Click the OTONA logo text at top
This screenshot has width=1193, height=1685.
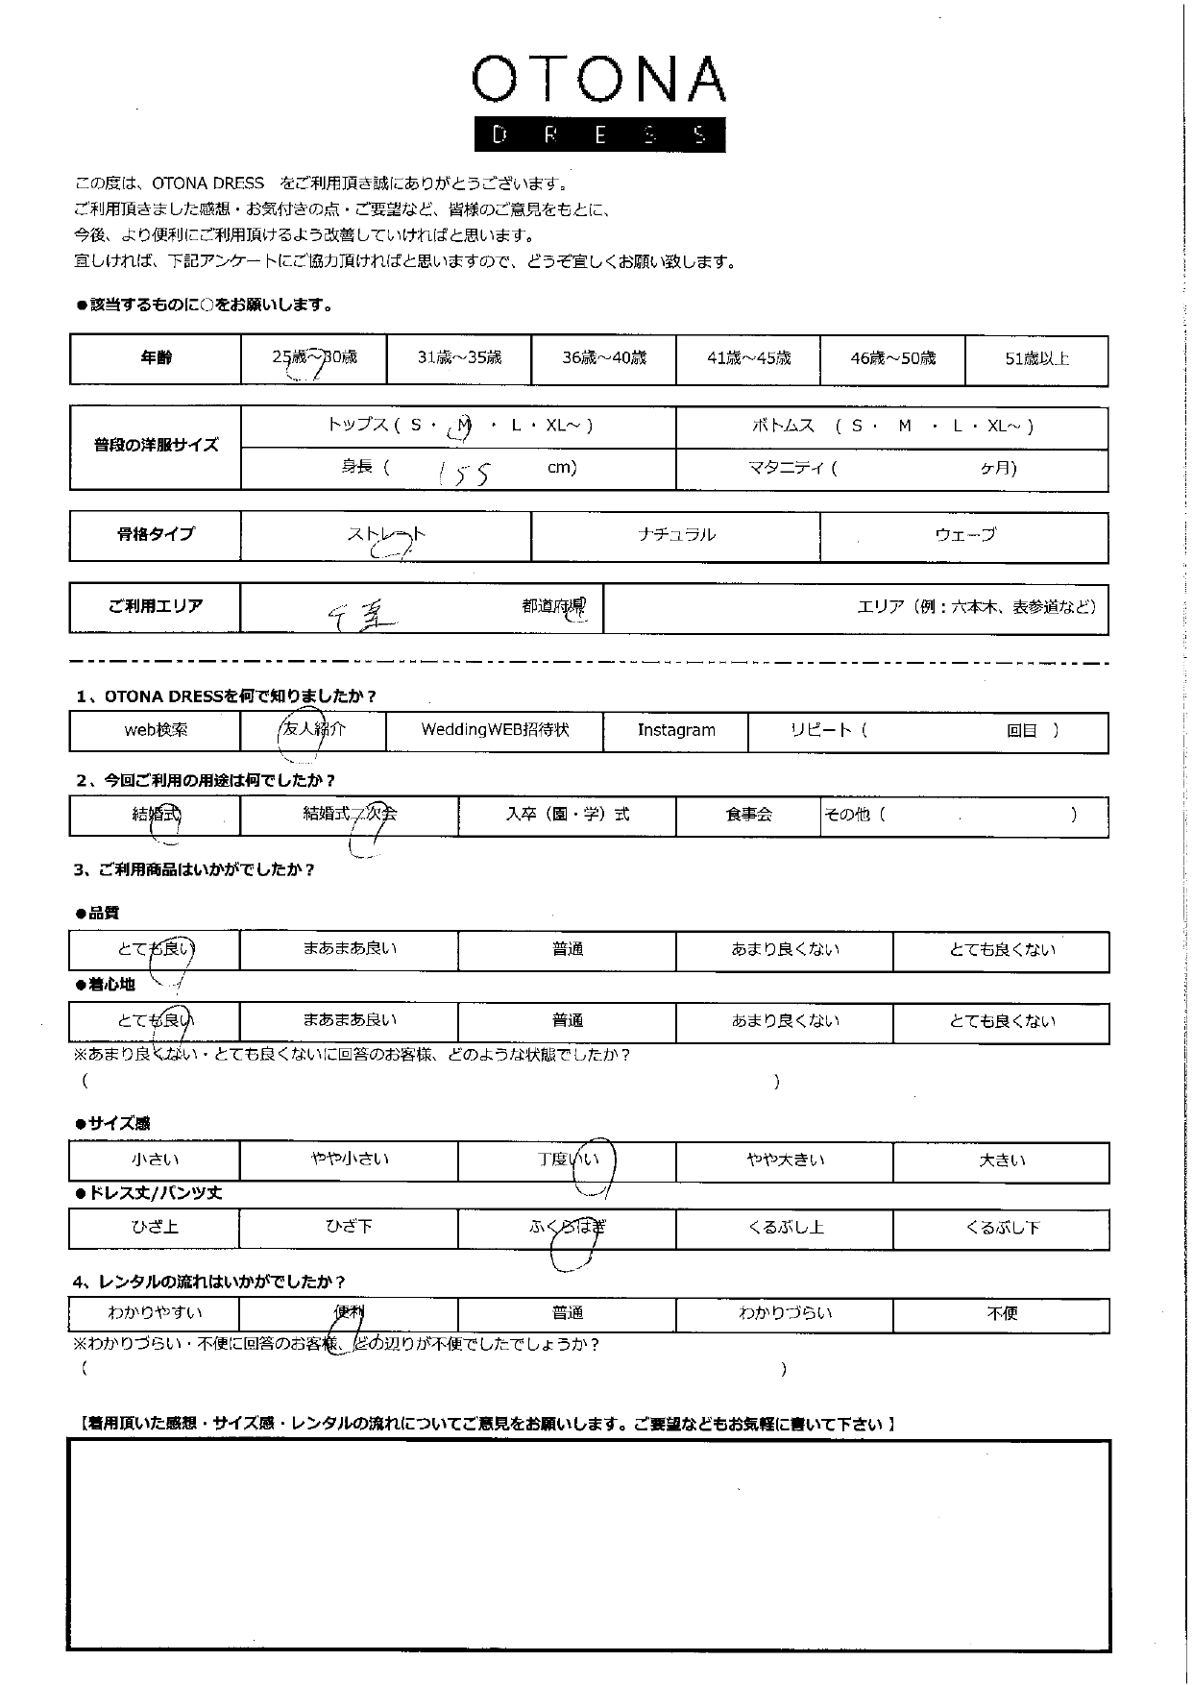(597, 81)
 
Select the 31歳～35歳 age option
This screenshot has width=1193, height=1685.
(459, 358)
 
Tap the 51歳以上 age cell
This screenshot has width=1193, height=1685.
(1036, 359)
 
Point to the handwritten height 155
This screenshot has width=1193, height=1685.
(464, 473)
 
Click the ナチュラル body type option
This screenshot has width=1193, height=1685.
(676, 535)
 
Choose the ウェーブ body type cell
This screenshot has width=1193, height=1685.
(964, 535)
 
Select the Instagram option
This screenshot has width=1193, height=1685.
(676, 730)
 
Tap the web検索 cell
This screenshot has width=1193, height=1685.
(156, 730)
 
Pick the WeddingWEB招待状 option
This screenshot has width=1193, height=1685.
(495, 730)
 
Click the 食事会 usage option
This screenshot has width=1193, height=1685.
(748, 815)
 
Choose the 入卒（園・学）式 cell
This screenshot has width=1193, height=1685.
(568, 815)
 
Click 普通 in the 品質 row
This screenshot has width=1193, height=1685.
(568, 949)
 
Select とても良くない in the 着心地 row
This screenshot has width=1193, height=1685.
(1002, 1021)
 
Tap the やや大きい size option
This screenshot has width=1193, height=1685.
(785, 1160)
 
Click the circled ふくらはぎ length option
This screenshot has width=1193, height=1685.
(568, 1229)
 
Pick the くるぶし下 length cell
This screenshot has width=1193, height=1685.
(1002, 1228)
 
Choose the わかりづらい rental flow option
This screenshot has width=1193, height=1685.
(785, 1313)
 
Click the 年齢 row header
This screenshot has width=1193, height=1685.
(156, 358)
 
